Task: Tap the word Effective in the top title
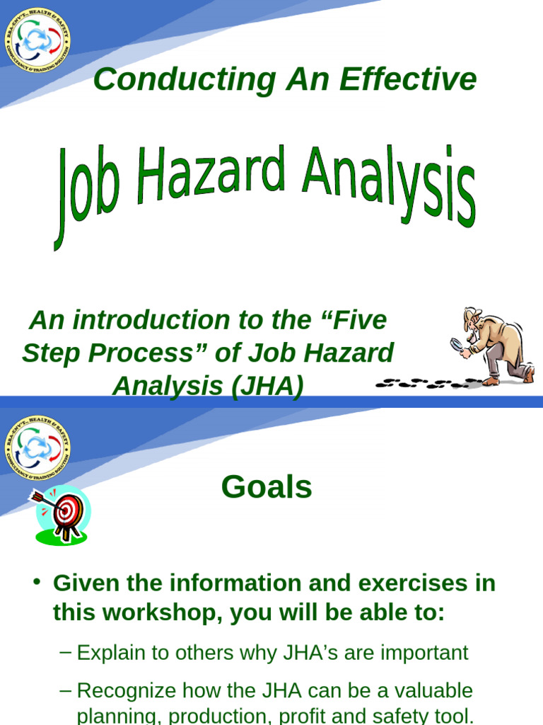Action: click(408, 80)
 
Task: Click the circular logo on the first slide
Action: click(37, 40)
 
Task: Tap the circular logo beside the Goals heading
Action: click(37, 447)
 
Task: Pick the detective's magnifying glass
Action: click(457, 346)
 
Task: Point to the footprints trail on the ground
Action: click(424, 383)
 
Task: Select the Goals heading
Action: click(267, 487)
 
